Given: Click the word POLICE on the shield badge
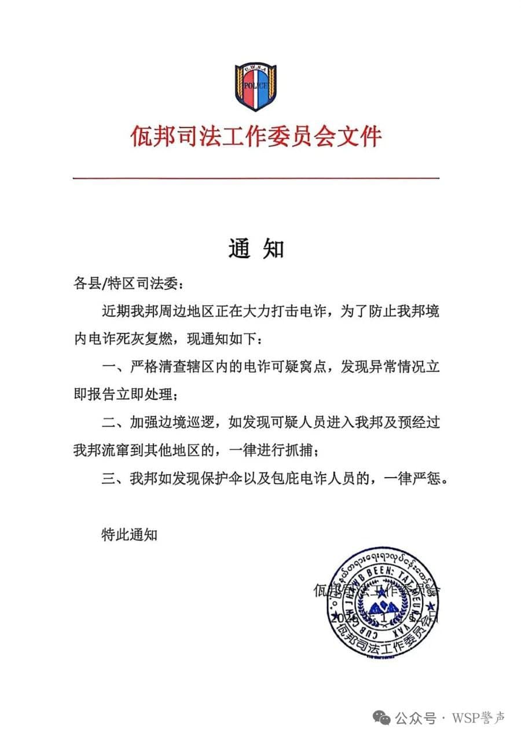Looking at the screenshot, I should pyautogui.click(x=256, y=86).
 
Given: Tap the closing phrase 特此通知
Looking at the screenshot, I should pyautogui.click(x=129, y=534).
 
